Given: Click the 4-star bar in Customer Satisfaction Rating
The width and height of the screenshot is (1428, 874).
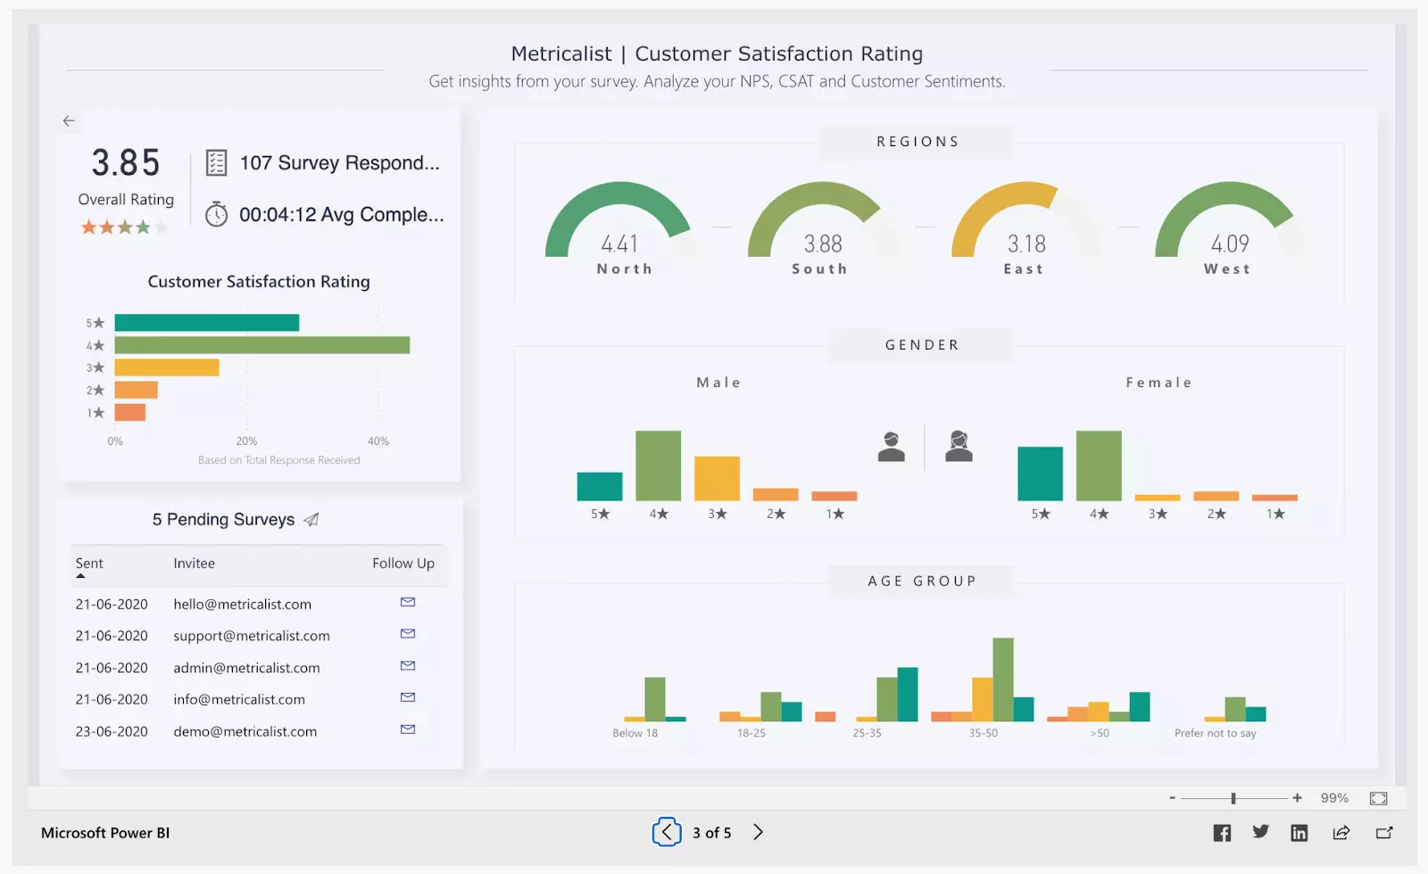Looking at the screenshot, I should (x=262, y=345).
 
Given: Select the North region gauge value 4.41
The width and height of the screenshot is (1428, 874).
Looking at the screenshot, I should (x=619, y=243).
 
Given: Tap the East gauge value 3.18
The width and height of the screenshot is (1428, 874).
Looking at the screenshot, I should (x=1026, y=243).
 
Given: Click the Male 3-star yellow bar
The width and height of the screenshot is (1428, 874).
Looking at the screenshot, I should (x=717, y=478).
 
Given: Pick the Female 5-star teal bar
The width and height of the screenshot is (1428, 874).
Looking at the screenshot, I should (x=1040, y=474).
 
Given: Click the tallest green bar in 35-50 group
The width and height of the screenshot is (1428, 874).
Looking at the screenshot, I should (x=1003, y=679).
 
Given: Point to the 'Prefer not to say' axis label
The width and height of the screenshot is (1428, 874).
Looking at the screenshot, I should (x=1215, y=733).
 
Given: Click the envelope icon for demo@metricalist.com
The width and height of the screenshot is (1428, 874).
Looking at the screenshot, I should (x=408, y=730).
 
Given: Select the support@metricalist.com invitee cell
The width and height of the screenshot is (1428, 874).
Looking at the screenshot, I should (x=252, y=636).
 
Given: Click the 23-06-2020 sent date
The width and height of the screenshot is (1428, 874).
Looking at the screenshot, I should (x=112, y=731).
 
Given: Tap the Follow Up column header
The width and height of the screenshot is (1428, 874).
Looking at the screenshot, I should (x=403, y=564).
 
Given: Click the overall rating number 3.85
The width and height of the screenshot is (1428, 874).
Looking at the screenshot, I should (x=126, y=163).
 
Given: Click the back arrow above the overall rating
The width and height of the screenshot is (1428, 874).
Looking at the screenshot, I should (x=69, y=120).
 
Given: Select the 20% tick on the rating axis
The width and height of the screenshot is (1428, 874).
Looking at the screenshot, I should (x=246, y=441).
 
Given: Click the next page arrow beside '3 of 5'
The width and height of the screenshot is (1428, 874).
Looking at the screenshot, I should (x=758, y=832).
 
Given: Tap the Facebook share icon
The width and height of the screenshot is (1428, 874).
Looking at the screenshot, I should (x=1222, y=833).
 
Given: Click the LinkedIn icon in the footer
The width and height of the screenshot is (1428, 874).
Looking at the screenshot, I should (x=1299, y=833).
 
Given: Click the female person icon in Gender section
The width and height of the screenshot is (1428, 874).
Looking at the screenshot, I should (x=959, y=446).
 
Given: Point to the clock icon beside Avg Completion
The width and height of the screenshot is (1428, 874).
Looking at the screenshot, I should (x=217, y=215).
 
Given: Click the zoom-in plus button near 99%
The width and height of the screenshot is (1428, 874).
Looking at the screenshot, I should (x=1297, y=798).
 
